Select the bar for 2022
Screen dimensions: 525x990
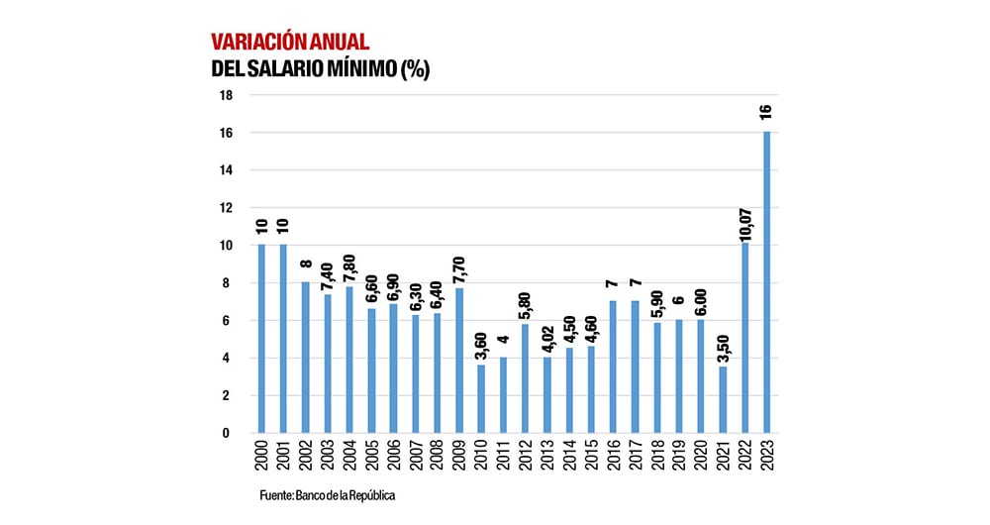[744, 338]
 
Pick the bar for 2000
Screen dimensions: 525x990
[261, 339]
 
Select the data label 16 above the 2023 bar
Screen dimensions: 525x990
[766, 112]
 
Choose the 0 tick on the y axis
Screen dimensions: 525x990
[228, 433]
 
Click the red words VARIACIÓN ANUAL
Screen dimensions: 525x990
[290, 42]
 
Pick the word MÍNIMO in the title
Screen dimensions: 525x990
[361, 69]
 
